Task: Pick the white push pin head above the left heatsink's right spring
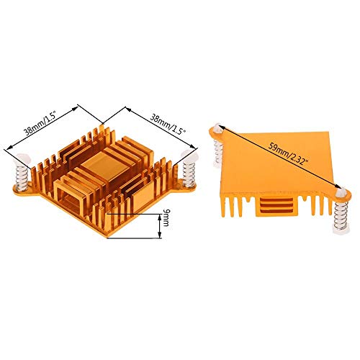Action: point(192,155)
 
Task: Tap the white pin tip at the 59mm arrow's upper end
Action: point(215,127)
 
